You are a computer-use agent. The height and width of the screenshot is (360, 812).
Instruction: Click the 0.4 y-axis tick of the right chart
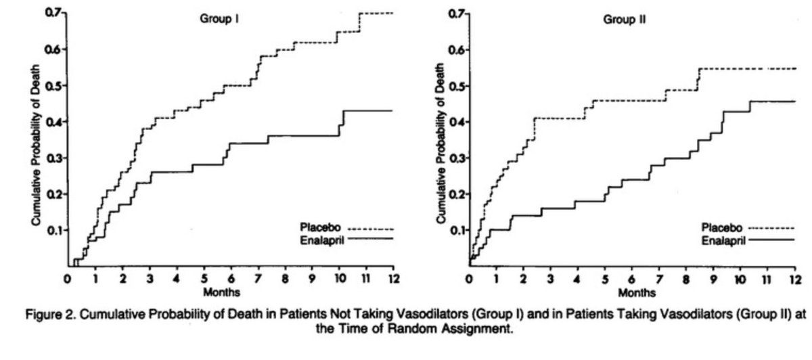(x=457, y=122)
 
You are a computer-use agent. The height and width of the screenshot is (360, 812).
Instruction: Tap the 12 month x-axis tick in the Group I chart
(x=393, y=278)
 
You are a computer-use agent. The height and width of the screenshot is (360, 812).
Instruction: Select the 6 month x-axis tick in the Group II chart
(x=632, y=278)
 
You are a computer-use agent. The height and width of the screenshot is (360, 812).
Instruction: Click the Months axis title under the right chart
(x=633, y=292)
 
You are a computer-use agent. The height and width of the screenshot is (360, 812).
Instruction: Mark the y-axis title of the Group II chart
(x=440, y=149)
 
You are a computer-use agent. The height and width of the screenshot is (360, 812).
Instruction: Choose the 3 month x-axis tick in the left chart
(x=149, y=278)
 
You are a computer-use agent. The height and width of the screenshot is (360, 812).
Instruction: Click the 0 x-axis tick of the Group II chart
(x=469, y=278)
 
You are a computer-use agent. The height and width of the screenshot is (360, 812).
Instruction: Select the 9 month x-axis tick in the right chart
(x=713, y=278)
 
